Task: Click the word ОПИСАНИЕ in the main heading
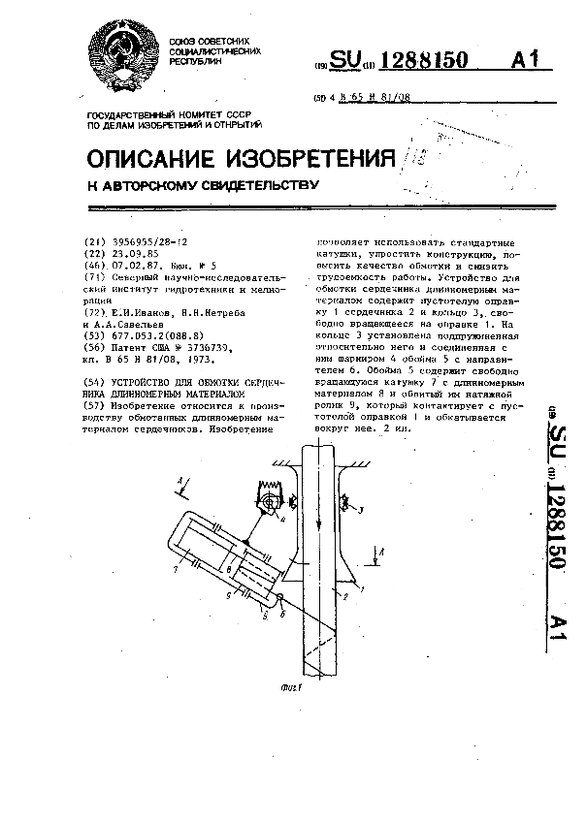154,158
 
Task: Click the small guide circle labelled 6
278,598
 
